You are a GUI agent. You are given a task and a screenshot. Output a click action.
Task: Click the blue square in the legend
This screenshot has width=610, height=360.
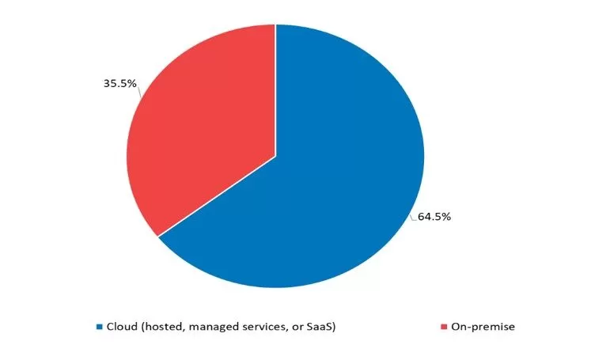point(100,326)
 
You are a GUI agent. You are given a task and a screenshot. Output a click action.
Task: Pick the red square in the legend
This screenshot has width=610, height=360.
point(444,326)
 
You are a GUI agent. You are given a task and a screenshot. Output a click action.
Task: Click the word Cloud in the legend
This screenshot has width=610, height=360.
point(122,326)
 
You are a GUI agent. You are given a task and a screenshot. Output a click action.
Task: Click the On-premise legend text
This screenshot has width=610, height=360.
point(483,326)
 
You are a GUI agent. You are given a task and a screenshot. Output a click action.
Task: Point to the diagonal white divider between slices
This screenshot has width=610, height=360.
point(217,195)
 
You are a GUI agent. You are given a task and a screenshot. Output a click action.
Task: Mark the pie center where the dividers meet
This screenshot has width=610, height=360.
point(275,157)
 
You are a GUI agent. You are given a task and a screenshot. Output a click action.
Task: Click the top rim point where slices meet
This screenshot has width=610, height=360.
point(275,25)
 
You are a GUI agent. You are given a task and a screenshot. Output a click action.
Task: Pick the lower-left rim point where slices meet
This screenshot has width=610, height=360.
point(158,236)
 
